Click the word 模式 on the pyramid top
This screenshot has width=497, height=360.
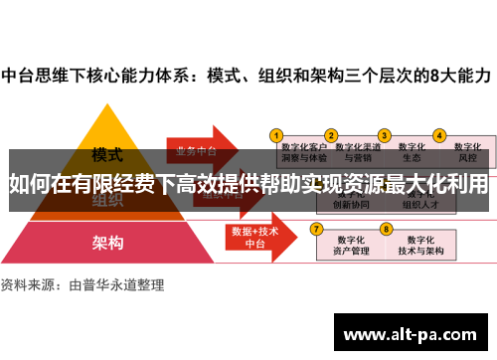pos(106,155)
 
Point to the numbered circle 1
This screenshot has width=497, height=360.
pos(277,134)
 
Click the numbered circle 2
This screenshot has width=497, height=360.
pos(332,134)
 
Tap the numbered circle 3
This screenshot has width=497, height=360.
pos(384,134)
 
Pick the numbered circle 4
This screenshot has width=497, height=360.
pos(438,134)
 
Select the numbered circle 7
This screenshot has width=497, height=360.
pos(316,228)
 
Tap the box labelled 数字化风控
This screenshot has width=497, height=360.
pos(466,151)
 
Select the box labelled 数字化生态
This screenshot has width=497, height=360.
pos(412,151)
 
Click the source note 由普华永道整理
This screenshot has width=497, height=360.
pos(115,284)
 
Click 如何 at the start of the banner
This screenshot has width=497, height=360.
pos(27,184)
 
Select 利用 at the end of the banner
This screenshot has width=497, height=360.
pos(469,184)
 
